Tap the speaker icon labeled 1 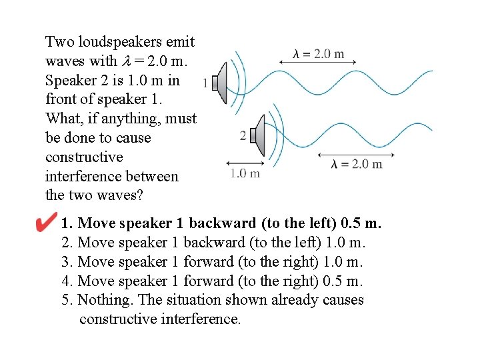tap(227, 82)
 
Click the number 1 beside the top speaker tap(214, 83)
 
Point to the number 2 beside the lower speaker tap(243, 135)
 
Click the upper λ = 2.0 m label tap(319, 54)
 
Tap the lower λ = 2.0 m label tap(357, 164)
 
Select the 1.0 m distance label tap(245, 174)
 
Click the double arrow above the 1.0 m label tap(242, 162)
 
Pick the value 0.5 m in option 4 tap(343, 281)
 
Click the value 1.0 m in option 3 tap(343, 261)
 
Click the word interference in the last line tap(200, 319)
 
